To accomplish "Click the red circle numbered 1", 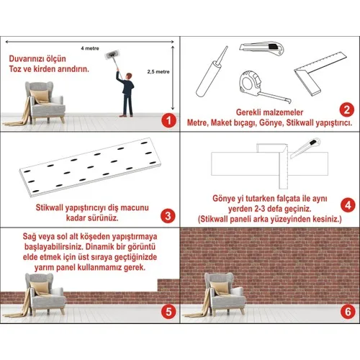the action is [168, 120].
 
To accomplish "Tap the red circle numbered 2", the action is [347, 110].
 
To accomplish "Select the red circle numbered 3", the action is [168, 216].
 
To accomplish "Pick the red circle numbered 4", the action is [348, 205].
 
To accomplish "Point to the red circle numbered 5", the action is [168, 312].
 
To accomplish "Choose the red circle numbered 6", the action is [348, 312].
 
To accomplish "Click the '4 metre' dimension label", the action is [90, 48].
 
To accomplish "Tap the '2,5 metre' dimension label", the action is [158, 71].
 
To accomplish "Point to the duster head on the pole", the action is [112, 55].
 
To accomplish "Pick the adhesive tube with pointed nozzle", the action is [211, 72].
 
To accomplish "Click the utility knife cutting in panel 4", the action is [305, 148].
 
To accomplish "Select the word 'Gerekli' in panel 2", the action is [248, 112].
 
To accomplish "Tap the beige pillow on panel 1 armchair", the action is [40, 96].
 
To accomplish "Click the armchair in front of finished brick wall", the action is [225, 294].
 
